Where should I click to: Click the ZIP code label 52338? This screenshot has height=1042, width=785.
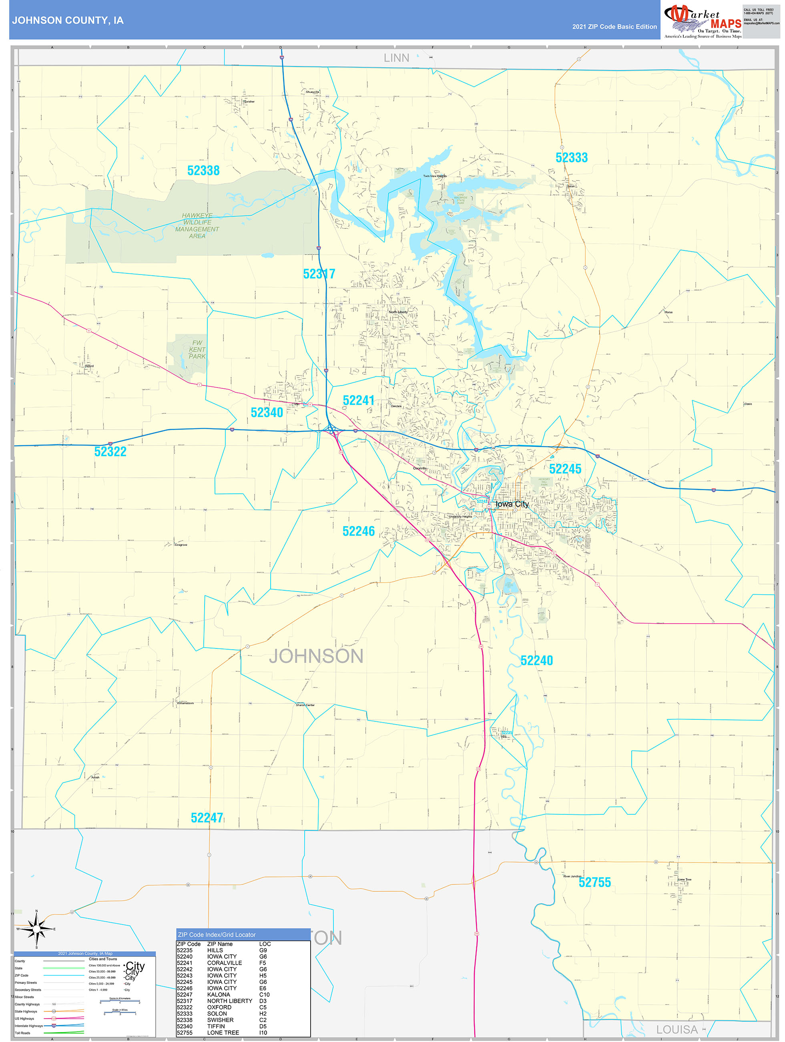[203, 170]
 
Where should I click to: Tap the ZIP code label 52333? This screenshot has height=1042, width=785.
[571, 158]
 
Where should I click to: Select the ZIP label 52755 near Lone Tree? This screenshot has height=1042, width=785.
[594, 882]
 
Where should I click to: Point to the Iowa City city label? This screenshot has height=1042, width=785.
[512, 504]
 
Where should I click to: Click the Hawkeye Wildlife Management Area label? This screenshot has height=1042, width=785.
[197, 226]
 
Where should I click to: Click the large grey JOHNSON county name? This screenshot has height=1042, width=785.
[316, 656]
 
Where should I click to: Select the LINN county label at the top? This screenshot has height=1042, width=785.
[396, 58]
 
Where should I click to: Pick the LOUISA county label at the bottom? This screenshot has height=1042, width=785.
[677, 1030]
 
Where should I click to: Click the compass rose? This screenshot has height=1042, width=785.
[37, 929]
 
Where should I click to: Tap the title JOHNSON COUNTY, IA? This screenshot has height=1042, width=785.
[68, 20]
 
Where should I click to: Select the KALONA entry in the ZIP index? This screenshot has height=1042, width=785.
[219, 994]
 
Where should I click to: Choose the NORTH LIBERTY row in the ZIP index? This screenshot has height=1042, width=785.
[230, 1001]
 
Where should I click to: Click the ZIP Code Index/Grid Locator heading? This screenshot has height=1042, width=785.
[217, 935]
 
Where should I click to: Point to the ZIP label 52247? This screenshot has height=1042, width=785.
[207, 818]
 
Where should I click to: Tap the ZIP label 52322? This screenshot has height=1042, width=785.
[110, 452]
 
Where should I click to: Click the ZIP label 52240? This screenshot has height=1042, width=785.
[536, 660]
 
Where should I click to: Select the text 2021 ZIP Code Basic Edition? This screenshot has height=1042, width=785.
[614, 27]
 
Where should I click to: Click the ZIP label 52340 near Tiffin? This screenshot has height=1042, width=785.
[266, 413]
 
